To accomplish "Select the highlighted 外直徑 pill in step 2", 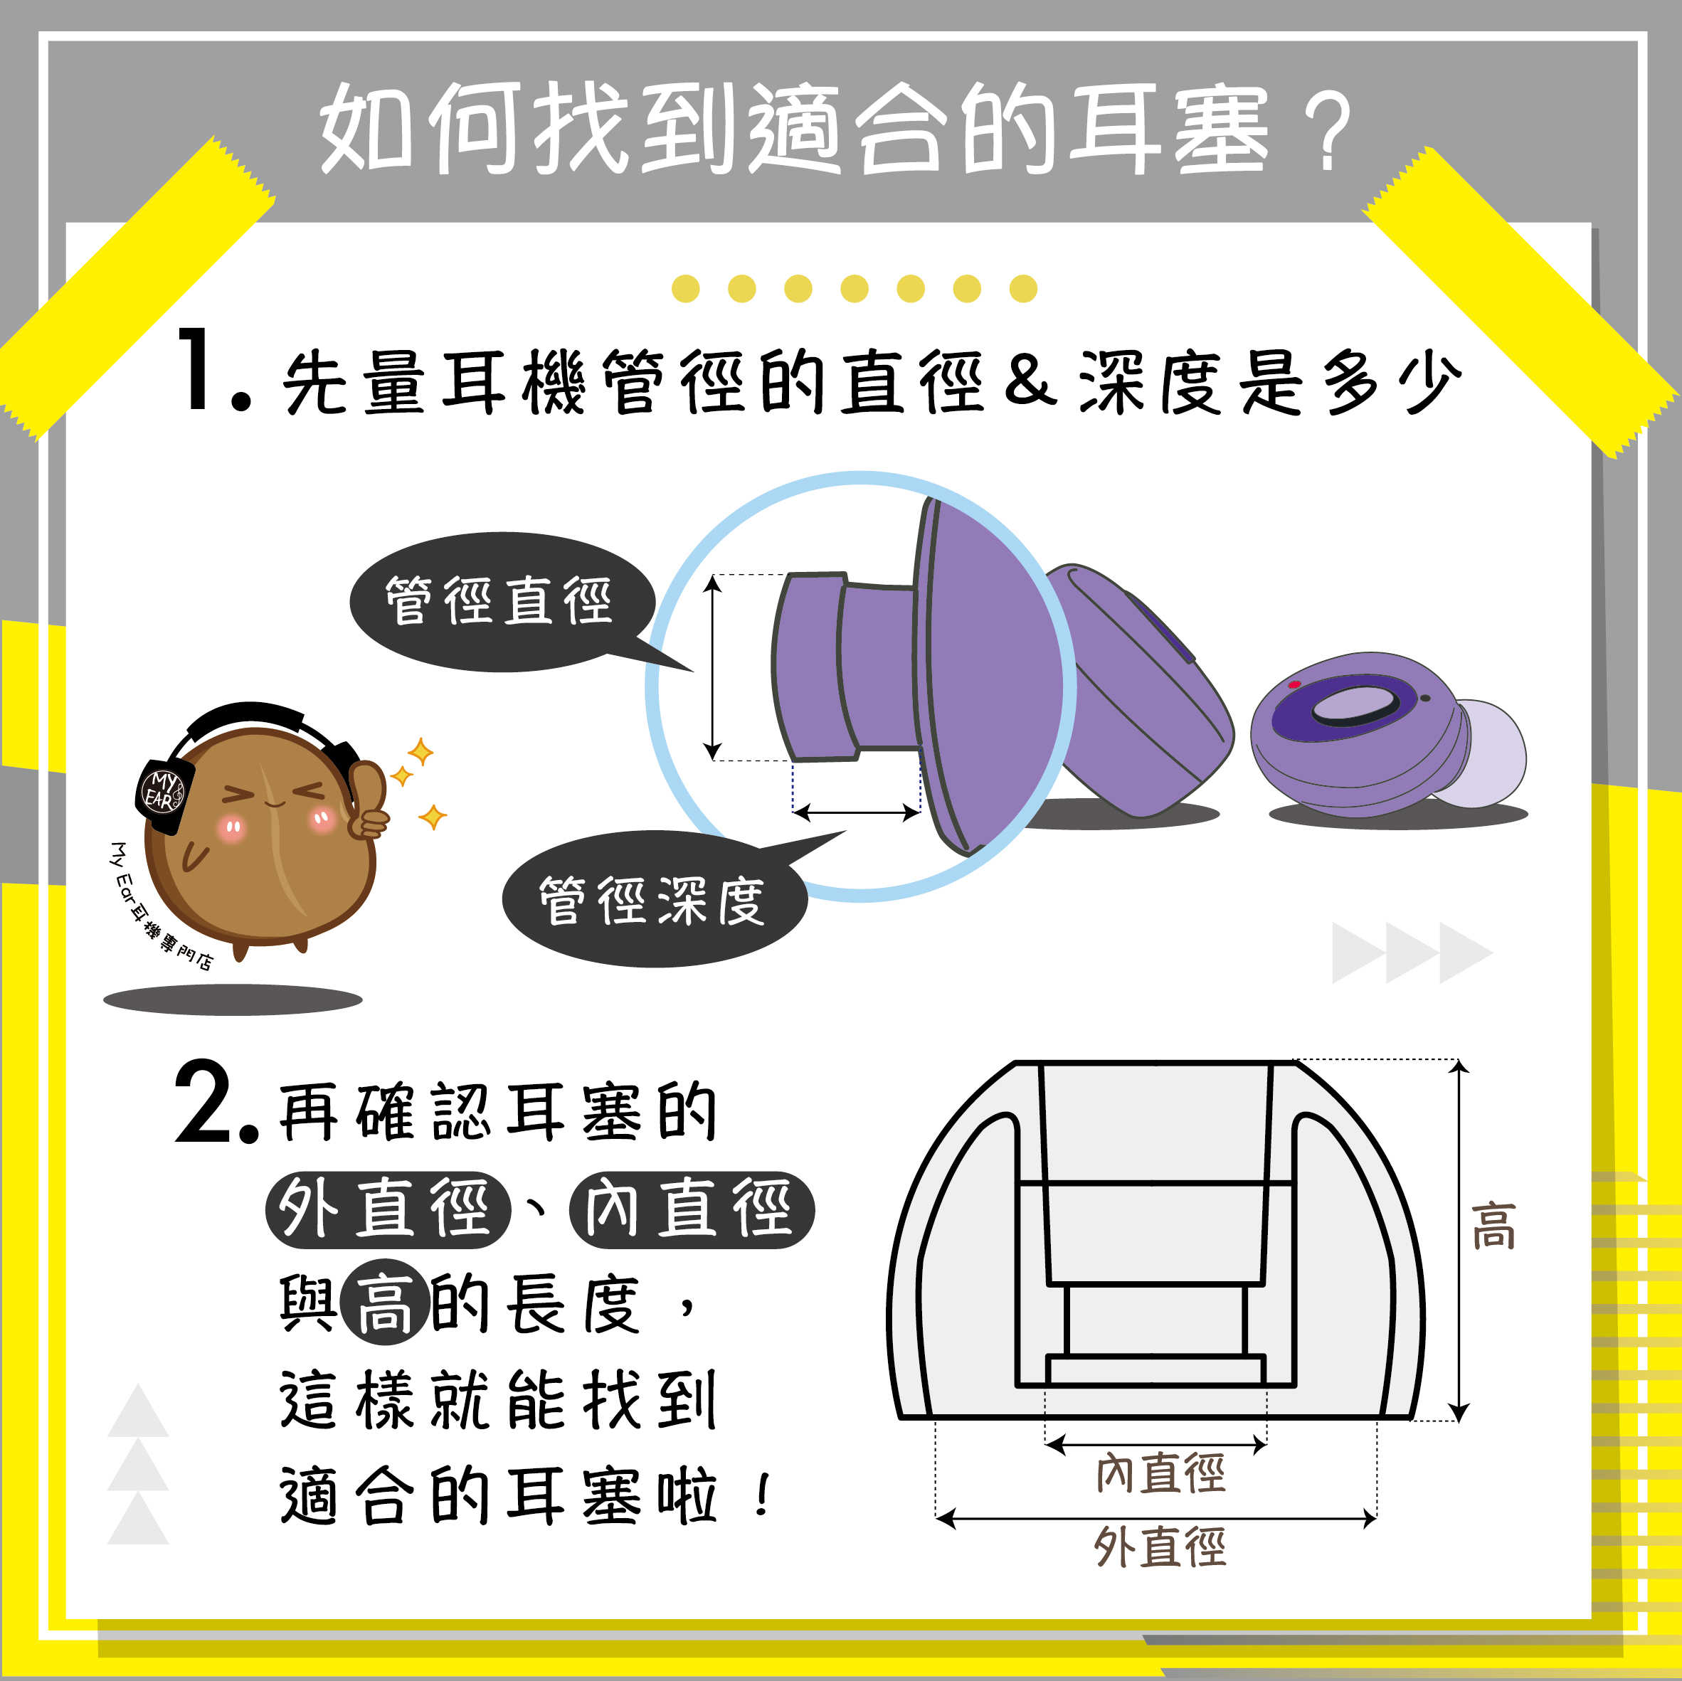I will coord(388,1209).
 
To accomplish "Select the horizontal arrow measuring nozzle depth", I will coord(857,813).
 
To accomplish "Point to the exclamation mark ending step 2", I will coord(763,1495).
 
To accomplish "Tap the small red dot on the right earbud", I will coord(1294,684).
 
